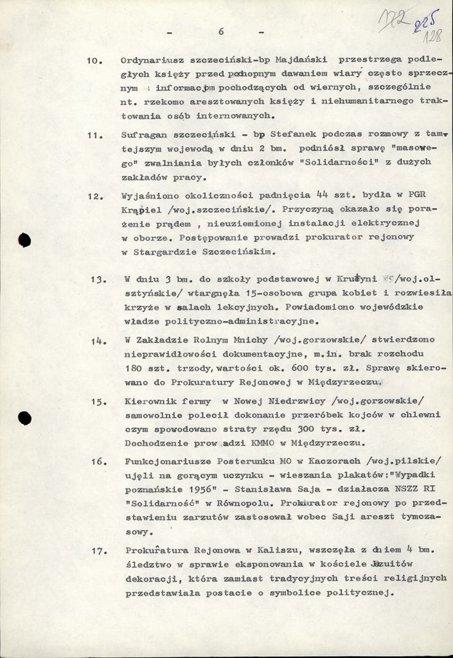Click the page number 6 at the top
point(220,31)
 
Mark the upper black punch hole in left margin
point(24,240)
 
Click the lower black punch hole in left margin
point(24,418)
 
